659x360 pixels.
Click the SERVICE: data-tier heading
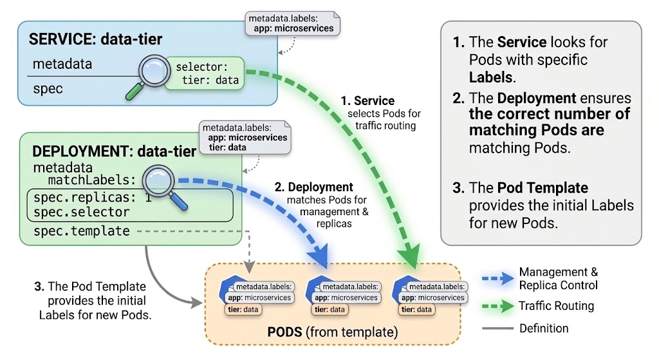coord(95,40)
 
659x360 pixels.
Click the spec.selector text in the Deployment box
coord(81,212)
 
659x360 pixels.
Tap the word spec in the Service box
coord(48,88)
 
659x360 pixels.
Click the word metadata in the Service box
coord(62,64)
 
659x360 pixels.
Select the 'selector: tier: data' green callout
coord(205,73)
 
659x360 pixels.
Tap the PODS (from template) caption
coord(333,333)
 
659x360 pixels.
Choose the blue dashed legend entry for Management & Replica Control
coord(499,279)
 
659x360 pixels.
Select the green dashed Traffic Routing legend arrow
coord(499,306)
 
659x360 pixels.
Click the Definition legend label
coord(544,328)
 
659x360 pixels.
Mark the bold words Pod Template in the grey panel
coord(543,188)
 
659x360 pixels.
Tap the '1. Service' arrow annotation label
coord(367,101)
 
